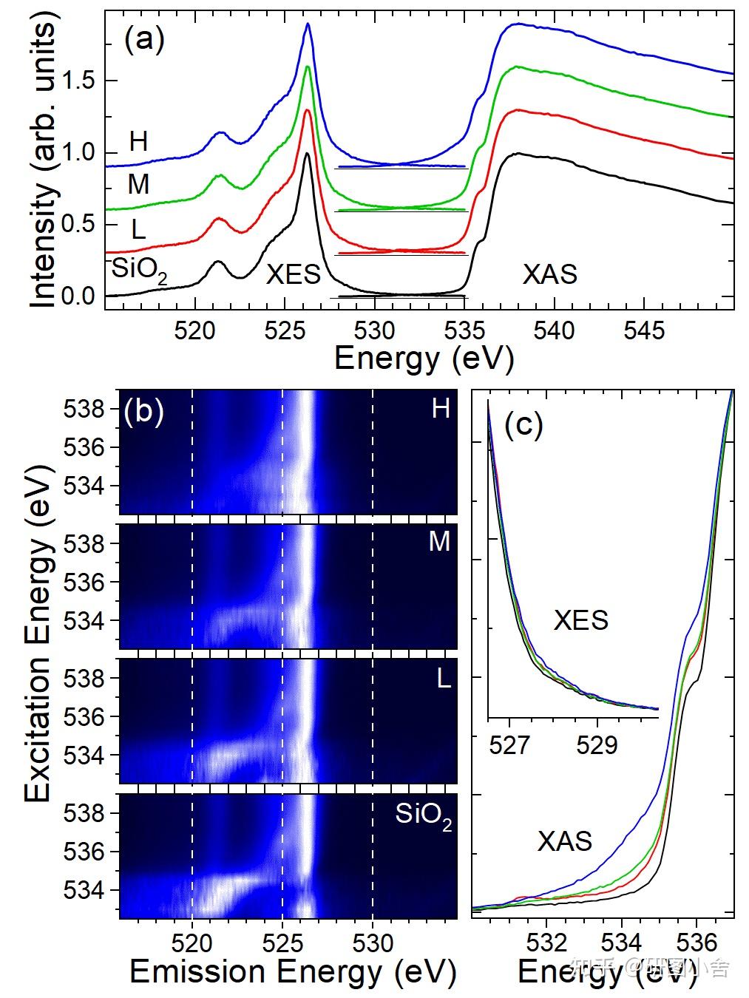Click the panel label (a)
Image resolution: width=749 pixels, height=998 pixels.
pos(144,39)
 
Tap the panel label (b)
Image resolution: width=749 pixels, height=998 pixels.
pos(143,412)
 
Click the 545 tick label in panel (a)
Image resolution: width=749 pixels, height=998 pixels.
pos(644,330)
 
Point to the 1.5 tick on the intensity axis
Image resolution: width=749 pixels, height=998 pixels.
pos(80,81)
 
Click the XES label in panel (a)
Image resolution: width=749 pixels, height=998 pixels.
pos(294,274)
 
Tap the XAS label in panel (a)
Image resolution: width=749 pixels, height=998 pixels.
pos(549,274)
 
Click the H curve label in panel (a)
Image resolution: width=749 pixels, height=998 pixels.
pos(138,142)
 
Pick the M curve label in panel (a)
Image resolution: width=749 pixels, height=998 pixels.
pos(138,184)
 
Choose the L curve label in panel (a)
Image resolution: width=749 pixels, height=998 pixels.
pos(138,230)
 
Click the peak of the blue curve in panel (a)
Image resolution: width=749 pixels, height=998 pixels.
pos(308,24)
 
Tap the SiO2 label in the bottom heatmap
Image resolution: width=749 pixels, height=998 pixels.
pos(423,815)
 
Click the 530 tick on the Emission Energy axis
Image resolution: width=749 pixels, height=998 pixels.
pos(372,943)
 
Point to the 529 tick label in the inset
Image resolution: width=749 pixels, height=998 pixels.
pos(597,744)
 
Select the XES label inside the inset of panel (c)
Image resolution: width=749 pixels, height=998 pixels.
pos(581,620)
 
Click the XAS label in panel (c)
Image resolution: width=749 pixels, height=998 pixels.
pos(565,841)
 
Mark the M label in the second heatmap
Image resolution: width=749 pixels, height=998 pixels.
pos(439,542)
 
